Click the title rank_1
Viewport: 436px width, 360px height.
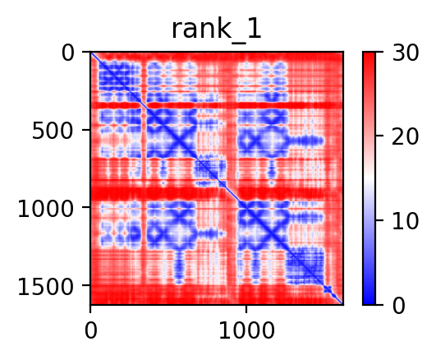click(x=216, y=30)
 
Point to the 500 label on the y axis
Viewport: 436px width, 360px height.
click(x=53, y=131)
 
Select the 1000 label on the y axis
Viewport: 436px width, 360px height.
click(x=46, y=208)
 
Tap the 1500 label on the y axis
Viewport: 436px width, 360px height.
click(x=46, y=286)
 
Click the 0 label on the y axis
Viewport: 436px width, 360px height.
click(x=67, y=53)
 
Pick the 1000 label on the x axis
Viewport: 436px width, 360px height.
click(x=246, y=330)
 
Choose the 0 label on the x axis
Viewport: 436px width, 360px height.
click(x=90, y=330)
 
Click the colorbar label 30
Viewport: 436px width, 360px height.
click(x=405, y=53)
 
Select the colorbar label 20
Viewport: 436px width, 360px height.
click(x=405, y=136)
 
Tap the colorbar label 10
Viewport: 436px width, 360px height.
click(x=405, y=221)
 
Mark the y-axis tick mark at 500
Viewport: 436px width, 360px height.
click(x=86, y=130)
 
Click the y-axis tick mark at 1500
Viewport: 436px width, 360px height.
click(x=86, y=285)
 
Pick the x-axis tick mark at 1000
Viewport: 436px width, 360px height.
click(x=246, y=309)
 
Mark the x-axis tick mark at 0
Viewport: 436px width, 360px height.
click(x=90, y=309)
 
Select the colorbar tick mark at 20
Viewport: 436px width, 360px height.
click(x=379, y=136)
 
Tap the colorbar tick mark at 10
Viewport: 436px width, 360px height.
click(x=379, y=220)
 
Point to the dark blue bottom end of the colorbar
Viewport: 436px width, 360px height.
click(x=369, y=302)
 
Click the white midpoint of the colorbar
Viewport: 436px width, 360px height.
click(x=369, y=178)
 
